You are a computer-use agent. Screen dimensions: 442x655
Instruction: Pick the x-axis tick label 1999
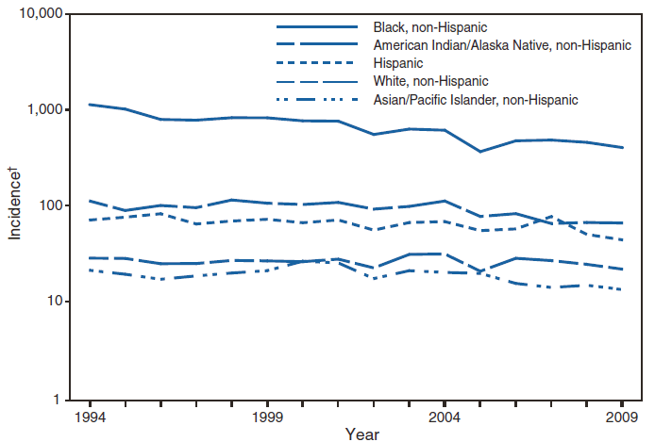pos(267,416)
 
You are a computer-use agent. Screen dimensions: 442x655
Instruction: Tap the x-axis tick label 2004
pos(445,416)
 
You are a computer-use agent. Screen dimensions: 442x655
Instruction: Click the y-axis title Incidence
pos(16,203)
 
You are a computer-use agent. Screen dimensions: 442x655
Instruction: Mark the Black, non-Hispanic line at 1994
pos(89,105)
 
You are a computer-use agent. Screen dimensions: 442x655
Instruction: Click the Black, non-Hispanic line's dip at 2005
pos(479,152)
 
